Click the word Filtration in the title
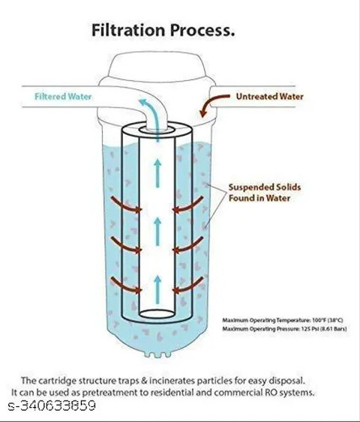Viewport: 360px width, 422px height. [x=128, y=30]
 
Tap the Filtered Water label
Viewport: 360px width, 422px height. [x=63, y=97]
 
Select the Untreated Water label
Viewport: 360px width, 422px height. [x=269, y=97]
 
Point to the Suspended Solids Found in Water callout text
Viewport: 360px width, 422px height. [x=265, y=193]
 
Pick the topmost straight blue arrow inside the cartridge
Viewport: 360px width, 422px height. [x=157, y=173]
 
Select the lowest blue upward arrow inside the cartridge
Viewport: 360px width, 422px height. [x=157, y=290]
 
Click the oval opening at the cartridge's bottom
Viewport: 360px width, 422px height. [x=157, y=314]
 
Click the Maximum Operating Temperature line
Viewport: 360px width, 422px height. [x=283, y=320]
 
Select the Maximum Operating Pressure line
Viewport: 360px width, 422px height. [x=284, y=329]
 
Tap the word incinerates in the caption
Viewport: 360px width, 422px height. [x=172, y=381]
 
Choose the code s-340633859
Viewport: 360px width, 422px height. [x=52, y=406]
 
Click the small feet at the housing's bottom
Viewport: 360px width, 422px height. [x=157, y=355]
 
